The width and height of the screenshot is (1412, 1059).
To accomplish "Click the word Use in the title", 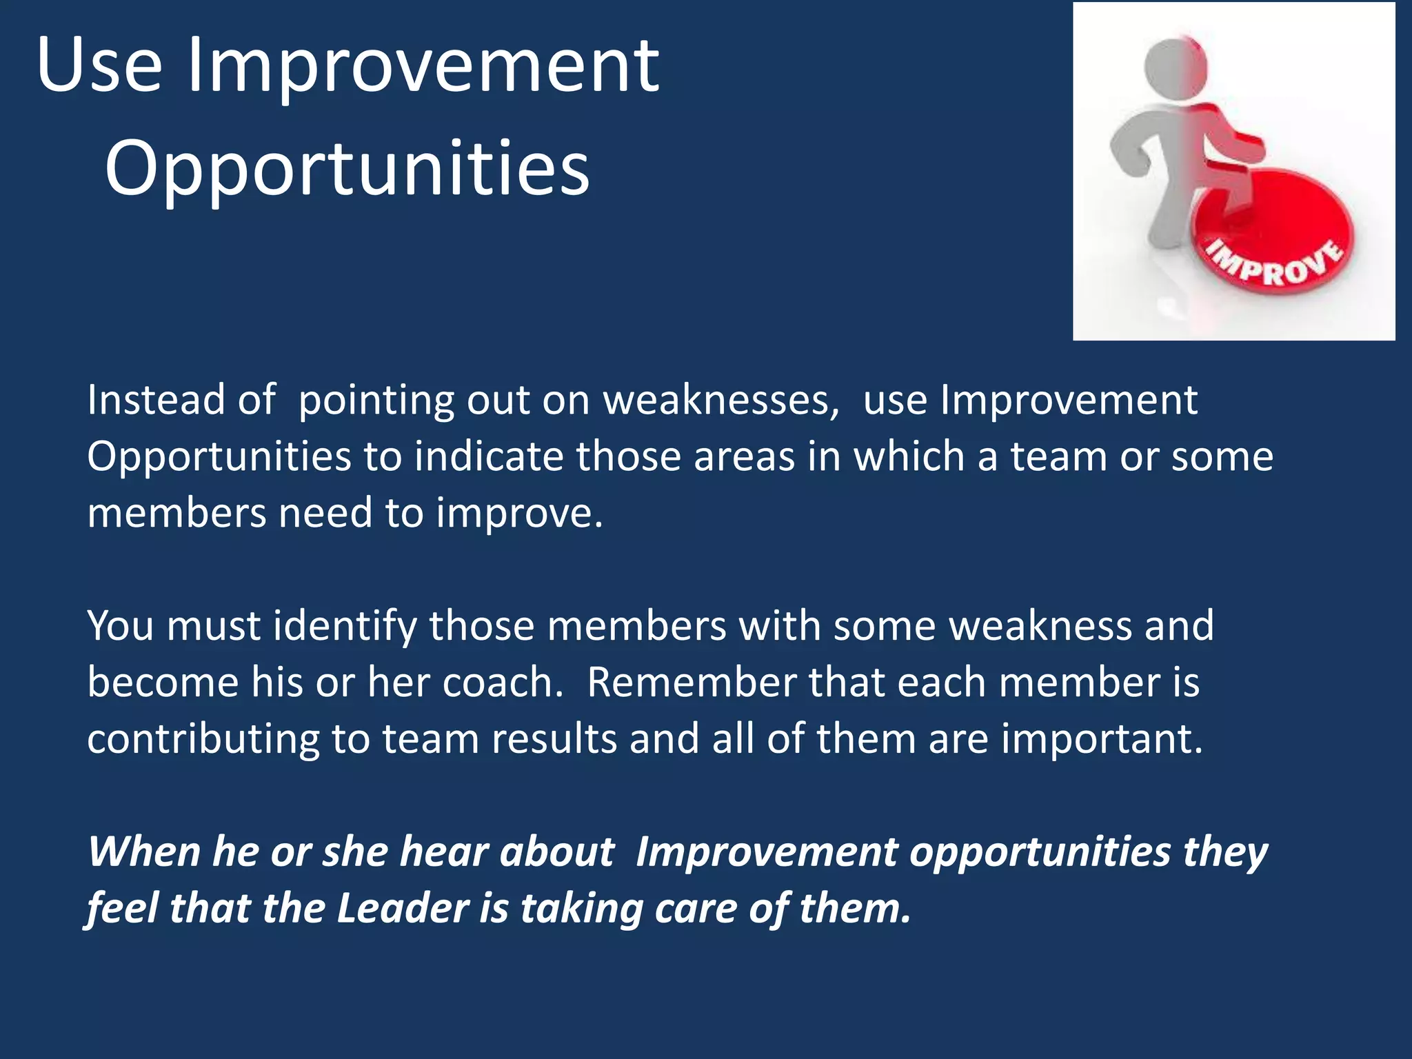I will coord(100,66).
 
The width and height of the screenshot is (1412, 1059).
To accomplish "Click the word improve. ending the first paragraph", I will coord(519,514).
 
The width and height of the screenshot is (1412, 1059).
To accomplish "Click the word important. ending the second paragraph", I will coord(1102,739).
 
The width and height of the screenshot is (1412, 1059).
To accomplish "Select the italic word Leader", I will coord(403,909).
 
